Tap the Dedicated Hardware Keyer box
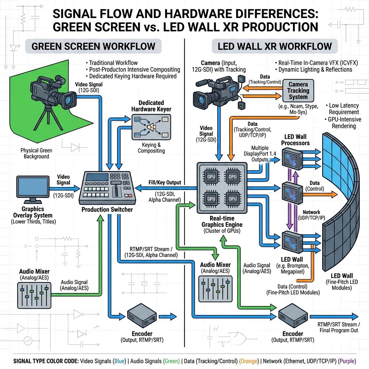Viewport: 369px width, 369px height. (x=151, y=127)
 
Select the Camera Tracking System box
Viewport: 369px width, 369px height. (x=298, y=90)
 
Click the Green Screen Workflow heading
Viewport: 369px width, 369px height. (x=93, y=46)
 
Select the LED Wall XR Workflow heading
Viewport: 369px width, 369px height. (x=275, y=46)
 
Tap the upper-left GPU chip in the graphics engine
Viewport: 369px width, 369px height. (x=211, y=177)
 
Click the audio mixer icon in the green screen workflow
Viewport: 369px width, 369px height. (x=34, y=295)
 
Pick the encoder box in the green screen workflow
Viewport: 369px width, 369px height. (x=142, y=315)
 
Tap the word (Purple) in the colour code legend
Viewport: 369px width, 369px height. (x=347, y=361)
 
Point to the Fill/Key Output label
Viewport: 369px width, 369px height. (x=165, y=183)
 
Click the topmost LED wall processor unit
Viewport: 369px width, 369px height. (x=292, y=159)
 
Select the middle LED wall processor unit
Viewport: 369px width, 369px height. (x=292, y=193)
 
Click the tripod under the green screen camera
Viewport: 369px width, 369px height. (x=48, y=118)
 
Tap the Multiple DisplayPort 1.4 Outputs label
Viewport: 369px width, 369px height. (x=260, y=154)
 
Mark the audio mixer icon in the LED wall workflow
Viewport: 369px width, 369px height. (x=215, y=289)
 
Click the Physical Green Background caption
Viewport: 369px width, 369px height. (x=36, y=154)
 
